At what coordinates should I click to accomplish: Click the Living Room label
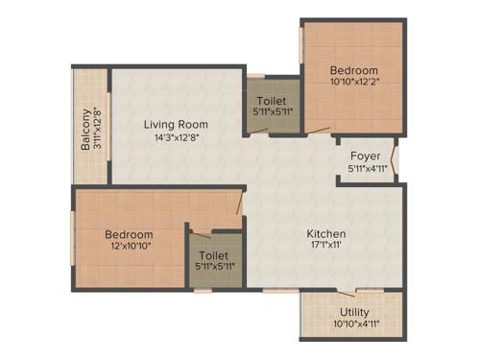pyautogui.click(x=176, y=124)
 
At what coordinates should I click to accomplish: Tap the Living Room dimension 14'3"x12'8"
pyautogui.click(x=176, y=137)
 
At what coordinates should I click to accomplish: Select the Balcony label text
pyautogui.click(x=85, y=130)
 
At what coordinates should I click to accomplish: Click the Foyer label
pyautogui.click(x=364, y=155)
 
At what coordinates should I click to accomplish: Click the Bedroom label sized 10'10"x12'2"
pyautogui.click(x=353, y=70)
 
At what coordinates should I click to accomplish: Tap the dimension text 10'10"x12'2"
pyautogui.click(x=353, y=83)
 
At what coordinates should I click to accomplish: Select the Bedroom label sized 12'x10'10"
pyautogui.click(x=129, y=234)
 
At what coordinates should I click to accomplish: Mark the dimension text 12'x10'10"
pyautogui.click(x=129, y=247)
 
